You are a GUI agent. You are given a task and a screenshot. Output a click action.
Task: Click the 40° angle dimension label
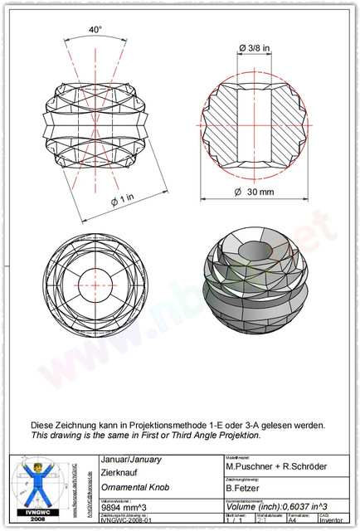click(x=96, y=30)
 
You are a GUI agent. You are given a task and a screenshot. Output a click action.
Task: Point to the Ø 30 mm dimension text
click(x=254, y=192)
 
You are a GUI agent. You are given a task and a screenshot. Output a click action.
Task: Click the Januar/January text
click(x=130, y=459)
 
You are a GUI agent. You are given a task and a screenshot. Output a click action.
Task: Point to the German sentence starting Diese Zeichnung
click(x=178, y=425)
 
